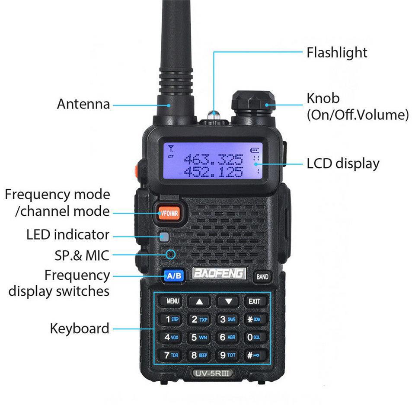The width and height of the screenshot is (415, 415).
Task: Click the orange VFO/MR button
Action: point(169,213)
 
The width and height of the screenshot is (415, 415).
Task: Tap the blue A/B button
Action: point(174,275)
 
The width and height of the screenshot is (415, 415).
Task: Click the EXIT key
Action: point(254,301)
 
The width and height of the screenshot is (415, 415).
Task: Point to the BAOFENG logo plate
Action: point(219,274)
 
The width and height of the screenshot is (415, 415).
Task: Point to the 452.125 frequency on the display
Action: point(213,172)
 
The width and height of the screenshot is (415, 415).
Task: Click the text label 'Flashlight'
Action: point(337,53)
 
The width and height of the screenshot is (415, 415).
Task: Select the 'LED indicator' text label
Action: point(68,235)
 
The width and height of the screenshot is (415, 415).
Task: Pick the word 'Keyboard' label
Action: point(80,329)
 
